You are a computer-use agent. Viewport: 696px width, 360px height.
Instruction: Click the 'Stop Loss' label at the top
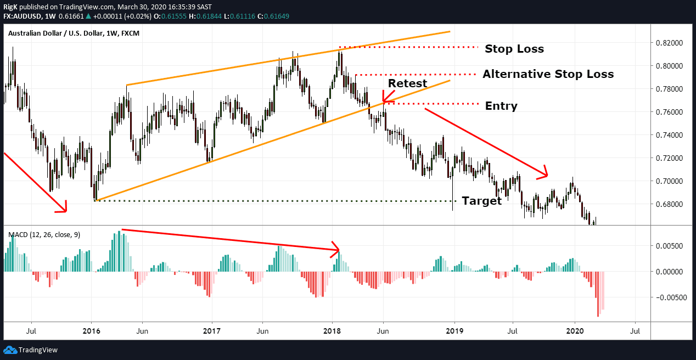pyautogui.click(x=514, y=49)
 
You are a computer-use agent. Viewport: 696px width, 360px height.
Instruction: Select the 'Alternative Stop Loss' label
pyautogui.click(x=548, y=74)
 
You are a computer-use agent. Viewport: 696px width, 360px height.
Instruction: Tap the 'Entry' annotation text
pyautogui.click(x=501, y=106)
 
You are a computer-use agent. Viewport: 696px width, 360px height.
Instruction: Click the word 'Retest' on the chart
pyautogui.click(x=407, y=83)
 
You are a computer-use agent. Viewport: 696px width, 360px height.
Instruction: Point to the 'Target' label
pyautogui.click(x=481, y=201)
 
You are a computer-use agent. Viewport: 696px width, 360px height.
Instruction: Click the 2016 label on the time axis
pyautogui.click(x=91, y=331)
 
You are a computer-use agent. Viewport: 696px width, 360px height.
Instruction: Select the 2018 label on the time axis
pyautogui.click(x=332, y=331)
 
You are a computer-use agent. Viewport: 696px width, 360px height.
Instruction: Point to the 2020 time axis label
pyautogui.click(x=574, y=331)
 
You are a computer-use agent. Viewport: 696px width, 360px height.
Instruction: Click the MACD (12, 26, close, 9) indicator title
pyautogui.click(x=44, y=235)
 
